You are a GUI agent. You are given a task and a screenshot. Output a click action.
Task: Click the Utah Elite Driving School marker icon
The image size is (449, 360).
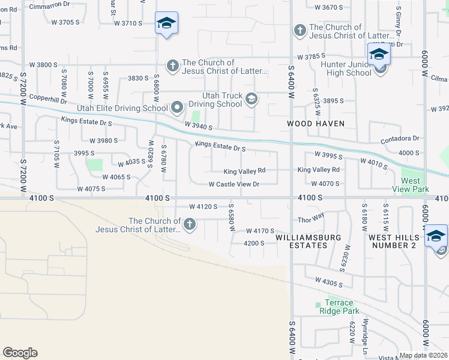pos(177,108)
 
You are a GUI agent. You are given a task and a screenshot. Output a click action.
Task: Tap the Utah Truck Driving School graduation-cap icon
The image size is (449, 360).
pos(252,99)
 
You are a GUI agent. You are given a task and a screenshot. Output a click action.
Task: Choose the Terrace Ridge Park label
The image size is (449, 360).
pos(342,307)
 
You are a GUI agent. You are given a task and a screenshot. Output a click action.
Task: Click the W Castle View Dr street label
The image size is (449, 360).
pos(234,184)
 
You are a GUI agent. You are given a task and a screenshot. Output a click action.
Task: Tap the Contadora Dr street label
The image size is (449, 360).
pos(400,139)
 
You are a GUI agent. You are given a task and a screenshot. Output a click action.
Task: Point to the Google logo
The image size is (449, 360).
pos(20,353)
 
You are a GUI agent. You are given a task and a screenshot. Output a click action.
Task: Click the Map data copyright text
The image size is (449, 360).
pos(424,355)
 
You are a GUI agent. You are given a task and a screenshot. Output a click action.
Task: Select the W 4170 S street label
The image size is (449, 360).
pos(260,230)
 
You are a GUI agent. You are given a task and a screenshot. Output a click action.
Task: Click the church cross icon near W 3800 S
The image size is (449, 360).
pos(173,65)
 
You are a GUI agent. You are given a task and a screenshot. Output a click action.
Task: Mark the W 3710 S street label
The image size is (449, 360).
pos(128,22)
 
